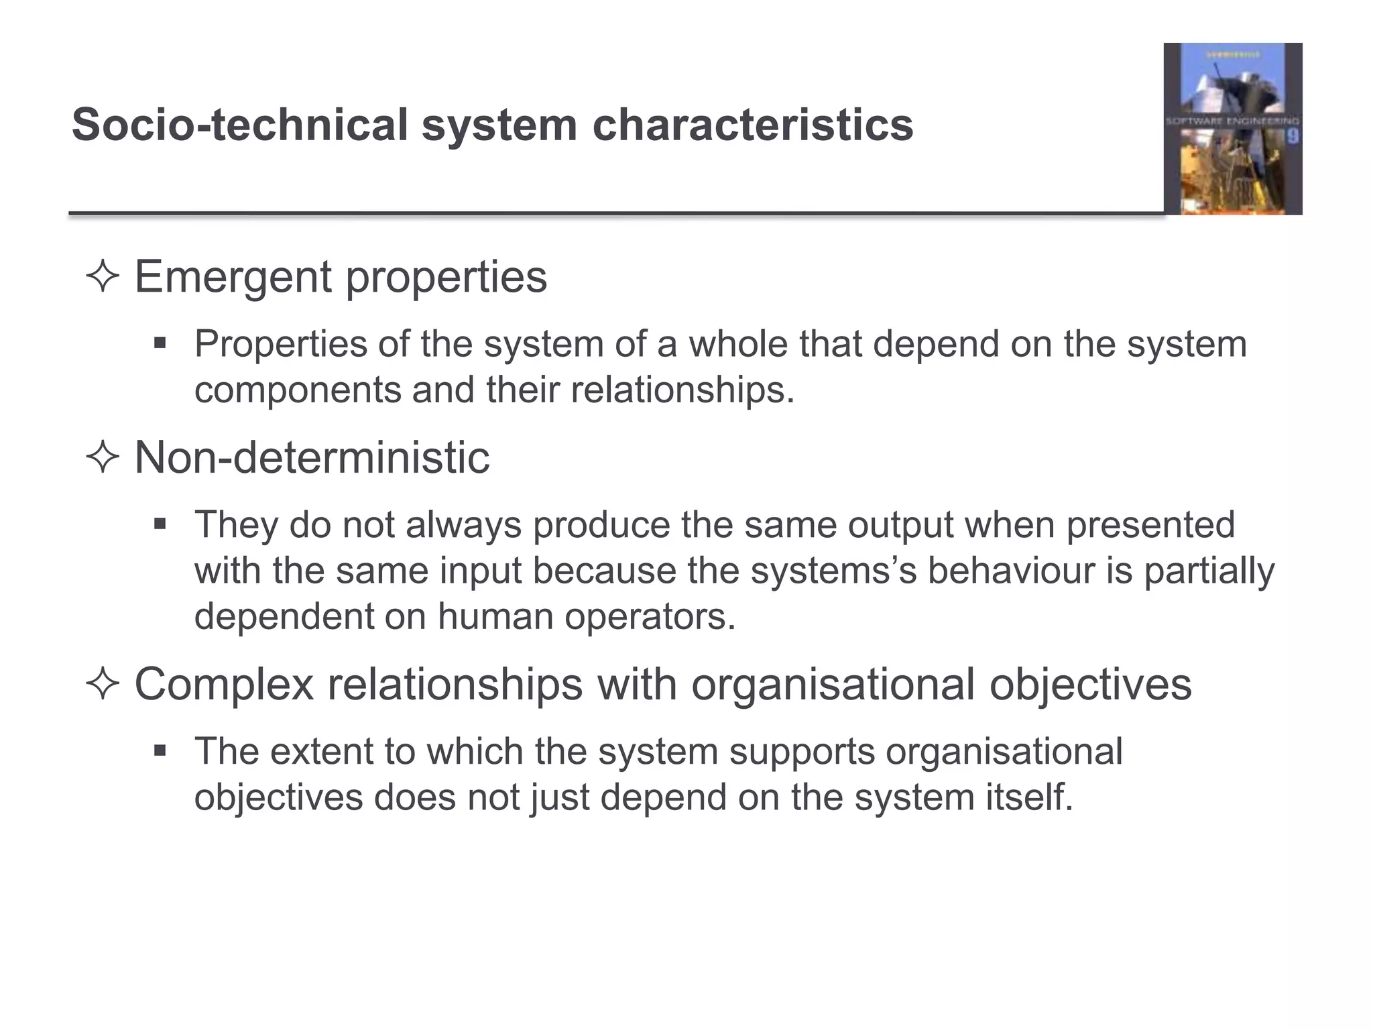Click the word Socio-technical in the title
(x=239, y=125)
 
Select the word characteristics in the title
(x=752, y=125)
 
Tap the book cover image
(x=1232, y=129)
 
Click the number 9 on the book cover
(x=1293, y=137)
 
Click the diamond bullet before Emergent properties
(x=103, y=277)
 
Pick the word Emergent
(x=233, y=277)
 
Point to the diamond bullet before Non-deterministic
(x=103, y=459)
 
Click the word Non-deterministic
(x=312, y=459)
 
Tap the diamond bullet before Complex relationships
(x=103, y=685)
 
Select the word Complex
(x=224, y=685)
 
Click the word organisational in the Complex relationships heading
(x=833, y=685)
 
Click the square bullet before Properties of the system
(x=160, y=344)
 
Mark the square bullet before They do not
(x=160, y=523)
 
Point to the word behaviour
(x=1012, y=571)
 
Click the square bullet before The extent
(x=160, y=750)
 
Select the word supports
(x=802, y=752)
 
